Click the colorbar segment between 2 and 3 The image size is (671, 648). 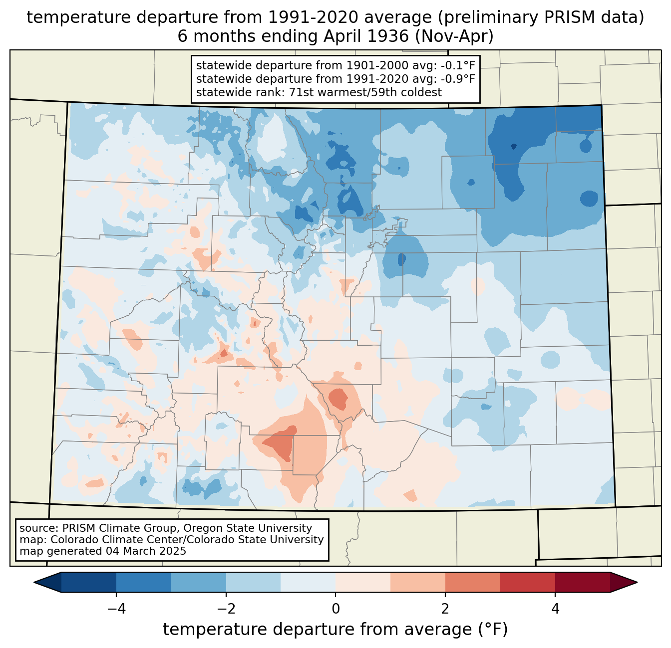473,582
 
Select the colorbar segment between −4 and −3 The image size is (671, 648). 144,582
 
